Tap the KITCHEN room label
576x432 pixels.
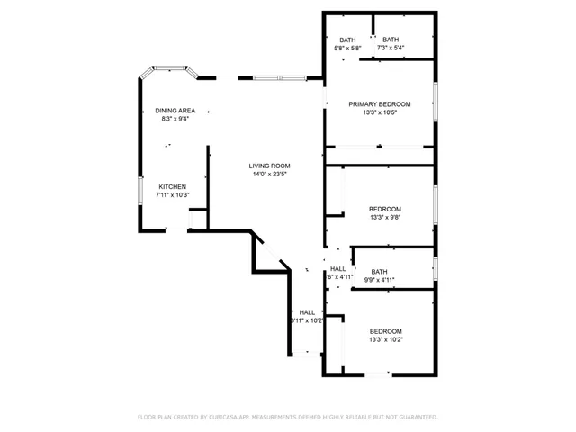[x=172, y=186]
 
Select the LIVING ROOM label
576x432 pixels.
[x=270, y=166]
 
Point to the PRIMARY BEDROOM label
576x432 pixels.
[x=380, y=104]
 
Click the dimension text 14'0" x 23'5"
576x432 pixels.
[x=270, y=175]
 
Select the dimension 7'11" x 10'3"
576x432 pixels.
[x=172, y=194]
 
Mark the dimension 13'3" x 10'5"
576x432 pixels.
[x=380, y=112]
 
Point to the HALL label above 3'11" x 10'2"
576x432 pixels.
[x=307, y=312]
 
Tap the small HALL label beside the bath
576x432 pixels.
[x=337, y=269]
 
